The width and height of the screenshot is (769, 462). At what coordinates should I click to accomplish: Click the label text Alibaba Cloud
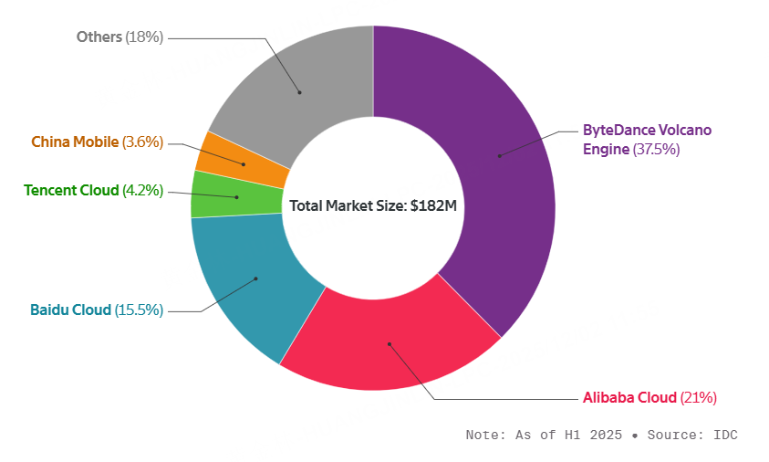[629, 397]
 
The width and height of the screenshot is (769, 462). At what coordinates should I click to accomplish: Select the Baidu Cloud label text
[71, 310]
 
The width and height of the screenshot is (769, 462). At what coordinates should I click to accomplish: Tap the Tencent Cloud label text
[71, 190]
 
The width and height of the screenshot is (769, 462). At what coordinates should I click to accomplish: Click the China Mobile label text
[75, 142]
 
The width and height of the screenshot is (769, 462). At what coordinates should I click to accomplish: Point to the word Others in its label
[99, 37]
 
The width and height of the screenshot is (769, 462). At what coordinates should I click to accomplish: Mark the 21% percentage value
[699, 397]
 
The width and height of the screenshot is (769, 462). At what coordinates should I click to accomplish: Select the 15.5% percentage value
[140, 310]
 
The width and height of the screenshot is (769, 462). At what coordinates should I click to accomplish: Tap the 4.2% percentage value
[143, 190]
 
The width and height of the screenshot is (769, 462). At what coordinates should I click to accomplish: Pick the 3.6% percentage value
[143, 142]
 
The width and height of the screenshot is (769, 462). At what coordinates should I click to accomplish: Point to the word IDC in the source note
[725, 435]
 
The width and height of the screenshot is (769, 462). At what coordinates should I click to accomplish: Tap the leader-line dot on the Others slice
[299, 92]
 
